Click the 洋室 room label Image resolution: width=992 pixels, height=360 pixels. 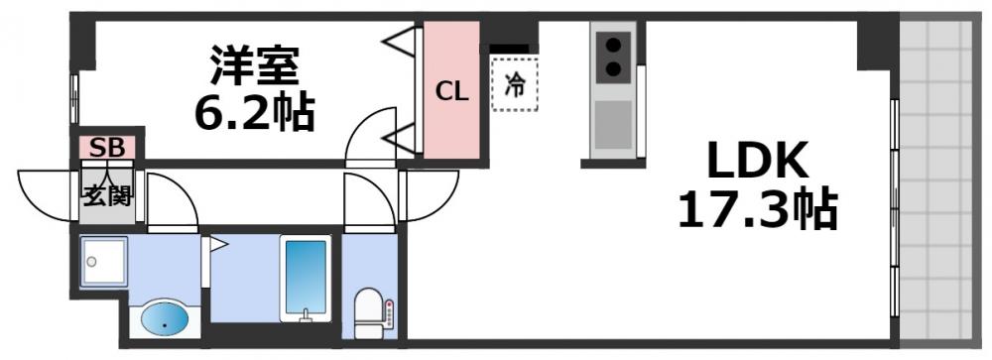click(x=254, y=64)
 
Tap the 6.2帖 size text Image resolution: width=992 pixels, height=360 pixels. click(x=254, y=113)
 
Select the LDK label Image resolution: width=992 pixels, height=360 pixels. click(x=757, y=161)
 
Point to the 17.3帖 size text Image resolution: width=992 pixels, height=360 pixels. click(x=757, y=209)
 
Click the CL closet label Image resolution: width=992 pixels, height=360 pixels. click(x=451, y=93)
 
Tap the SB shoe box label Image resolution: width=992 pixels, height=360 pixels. click(x=107, y=148)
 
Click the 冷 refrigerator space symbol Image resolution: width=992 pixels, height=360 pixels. click(x=514, y=84)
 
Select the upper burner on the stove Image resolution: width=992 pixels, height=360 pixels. click(x=613, y=45)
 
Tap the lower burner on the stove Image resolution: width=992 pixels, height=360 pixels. click(x=613, y=67)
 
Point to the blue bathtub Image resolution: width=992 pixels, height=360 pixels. click(x=306, y=277)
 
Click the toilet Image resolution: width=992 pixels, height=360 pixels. click(x=369, y=313)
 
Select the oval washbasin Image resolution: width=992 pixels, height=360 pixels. click(x=165, y=319)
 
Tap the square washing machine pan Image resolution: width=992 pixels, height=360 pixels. click(x=104, y=261)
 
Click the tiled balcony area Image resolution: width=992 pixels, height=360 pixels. click(x=936, y=180)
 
